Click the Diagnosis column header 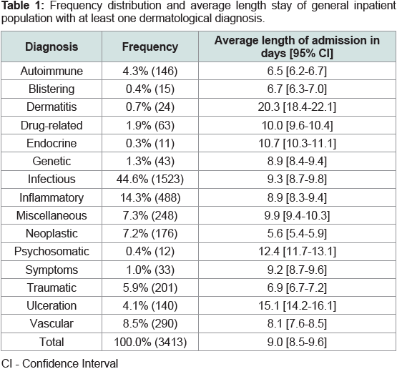pos(52,46)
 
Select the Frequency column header pos(150,46)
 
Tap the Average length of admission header pos(297,46)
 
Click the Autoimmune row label pos(52,71)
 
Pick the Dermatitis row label pos(52,107)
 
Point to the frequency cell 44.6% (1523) pos(150,179)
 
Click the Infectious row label pos(52,179)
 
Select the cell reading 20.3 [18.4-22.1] pos(297,107)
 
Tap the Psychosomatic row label pos(52,252)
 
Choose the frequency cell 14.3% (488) pos(150,197)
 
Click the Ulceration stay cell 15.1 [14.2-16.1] pos(297,306)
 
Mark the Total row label pos(52,342)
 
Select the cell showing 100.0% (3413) pos(150,342)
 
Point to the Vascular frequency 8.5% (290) pos(150,324)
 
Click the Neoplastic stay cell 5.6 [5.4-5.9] pos(297,233)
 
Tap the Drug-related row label pos(52,125)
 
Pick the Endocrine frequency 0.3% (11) pos(150,143)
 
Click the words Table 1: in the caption pos(23,6)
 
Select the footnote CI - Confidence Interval pos(60,363)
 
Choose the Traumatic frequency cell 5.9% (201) pos(150,287)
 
